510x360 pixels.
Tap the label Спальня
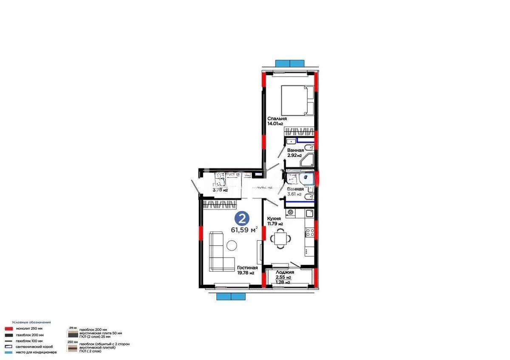point(277,119)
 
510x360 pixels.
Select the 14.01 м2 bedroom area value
point(275,124)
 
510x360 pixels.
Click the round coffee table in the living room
point(232,245)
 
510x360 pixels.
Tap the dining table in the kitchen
point(280,237)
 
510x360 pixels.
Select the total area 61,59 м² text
point(244,230)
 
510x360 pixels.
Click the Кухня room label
point(274,218)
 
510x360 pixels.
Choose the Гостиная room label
point(247,267)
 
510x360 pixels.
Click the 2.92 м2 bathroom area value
point(295,156)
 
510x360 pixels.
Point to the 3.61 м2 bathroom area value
point(294,194)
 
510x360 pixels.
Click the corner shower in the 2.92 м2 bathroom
point(308,160)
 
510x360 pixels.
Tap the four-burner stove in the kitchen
point(310,232)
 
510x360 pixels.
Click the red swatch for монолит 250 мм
point(8,329)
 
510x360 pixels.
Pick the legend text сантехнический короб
point(34,346)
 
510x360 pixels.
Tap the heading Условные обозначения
point(31,322)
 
